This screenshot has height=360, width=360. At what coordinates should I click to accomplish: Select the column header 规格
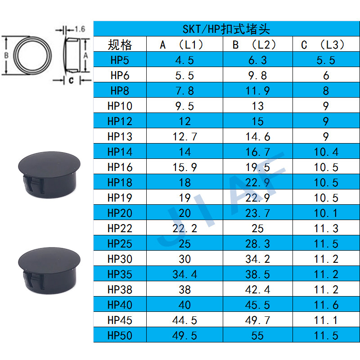click(x=120, y=45)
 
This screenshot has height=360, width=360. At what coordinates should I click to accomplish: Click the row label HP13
click(x=120, y=136)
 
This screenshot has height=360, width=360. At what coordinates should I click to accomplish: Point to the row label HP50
click(x=120, y=335)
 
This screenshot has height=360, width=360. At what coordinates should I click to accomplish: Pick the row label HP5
click(x=120, y=60)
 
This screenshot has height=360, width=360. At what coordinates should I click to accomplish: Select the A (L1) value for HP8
click(x=184, y=90)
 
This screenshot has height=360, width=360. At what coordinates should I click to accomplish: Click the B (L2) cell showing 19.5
click(x=257, y=167)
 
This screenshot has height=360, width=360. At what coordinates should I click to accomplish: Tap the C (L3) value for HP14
click(x=326, y=152)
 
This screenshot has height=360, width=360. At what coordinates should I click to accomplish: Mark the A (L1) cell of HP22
click(x=184, y=228)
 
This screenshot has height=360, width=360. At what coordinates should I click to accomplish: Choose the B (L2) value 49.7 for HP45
click(x=257, y=320)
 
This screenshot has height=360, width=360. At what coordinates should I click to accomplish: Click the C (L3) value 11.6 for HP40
click(x=326, y=305)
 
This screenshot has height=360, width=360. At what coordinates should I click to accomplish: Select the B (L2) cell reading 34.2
click(x=257, y=259)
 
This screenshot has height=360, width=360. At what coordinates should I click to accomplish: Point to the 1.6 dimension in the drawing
click(x=80, y=29)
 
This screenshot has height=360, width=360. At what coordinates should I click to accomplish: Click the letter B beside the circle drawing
click(x=6, y=55)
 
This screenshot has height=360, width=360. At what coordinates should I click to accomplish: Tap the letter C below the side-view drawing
click(x=71, y=81)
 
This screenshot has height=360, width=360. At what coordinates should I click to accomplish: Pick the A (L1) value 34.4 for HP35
click(x=184, y=274)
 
